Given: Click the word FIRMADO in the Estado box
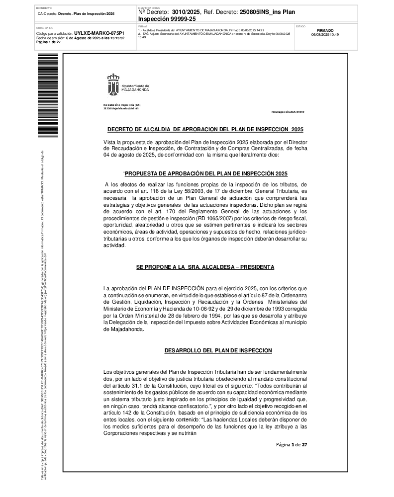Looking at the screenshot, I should pos(325,30).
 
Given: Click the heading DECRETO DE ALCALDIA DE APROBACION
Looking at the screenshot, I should pos(205,129).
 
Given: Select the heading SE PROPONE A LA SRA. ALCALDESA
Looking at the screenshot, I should pos(205,267).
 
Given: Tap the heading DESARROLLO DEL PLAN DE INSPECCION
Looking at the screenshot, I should pos(218,350).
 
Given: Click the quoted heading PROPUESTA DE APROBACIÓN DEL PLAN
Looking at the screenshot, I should pos(206,173).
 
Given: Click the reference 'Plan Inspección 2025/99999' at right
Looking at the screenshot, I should pos(288,112).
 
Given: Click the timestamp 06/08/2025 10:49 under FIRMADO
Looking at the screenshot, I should pos(325,35).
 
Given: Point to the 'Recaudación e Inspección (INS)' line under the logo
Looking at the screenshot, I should pos(122,105).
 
